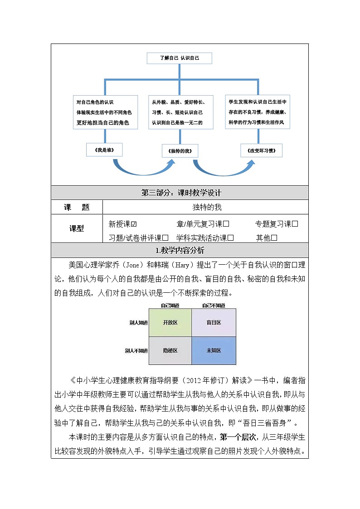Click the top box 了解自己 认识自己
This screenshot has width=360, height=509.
[x=180, y=58]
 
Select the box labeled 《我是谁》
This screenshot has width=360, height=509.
[x=104, y=150]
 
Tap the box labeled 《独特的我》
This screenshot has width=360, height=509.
[x=180, y=151]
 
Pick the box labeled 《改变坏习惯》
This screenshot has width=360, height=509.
[x=261, y=150]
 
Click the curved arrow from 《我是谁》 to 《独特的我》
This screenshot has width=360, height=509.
[x=141, y=170]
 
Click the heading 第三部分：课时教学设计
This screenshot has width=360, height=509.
[x=180, y=193]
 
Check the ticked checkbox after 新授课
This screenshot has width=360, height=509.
[x=134, y=224]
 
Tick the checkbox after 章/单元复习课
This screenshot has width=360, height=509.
[x=226, y=224]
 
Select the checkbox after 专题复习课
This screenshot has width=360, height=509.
[x=295, y=224]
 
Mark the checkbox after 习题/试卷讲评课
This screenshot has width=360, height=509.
[x=165, y=238]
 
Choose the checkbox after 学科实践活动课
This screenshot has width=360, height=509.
[x=230, y=238]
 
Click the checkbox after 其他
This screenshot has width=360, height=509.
[x=274, y=238]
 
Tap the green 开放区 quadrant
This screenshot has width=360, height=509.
[x=170, y=322]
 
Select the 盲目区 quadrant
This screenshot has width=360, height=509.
[x=214, y=322]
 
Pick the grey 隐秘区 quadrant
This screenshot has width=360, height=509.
[x=170, y=350]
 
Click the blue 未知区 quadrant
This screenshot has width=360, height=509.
[x=214, y=350]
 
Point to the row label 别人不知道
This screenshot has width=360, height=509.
[x=136, y=350]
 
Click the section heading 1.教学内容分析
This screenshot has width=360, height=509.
[x=180, y=251]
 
